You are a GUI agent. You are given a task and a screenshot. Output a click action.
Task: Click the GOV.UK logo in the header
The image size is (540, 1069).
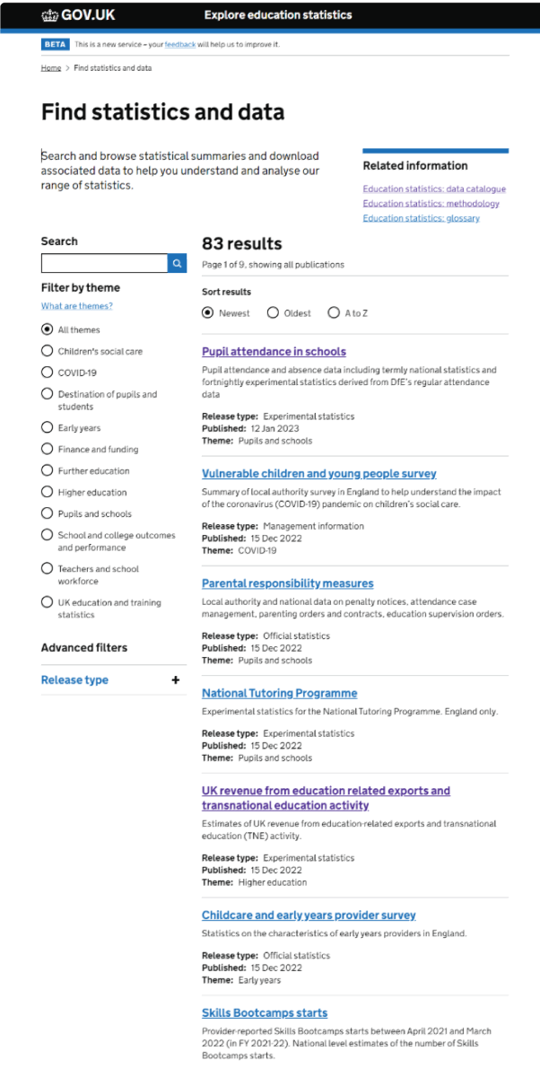pos(78,14)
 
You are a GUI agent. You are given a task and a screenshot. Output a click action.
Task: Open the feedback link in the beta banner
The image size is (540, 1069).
pos(179,44)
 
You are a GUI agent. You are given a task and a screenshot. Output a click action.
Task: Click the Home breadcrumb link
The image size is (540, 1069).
pos(51,68)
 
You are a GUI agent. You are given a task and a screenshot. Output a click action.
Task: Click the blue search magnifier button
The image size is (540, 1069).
pos(178,263)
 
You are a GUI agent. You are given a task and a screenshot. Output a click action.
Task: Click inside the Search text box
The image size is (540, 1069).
pos(104,263)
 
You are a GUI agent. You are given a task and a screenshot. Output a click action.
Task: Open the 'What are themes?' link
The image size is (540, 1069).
pos(77,306)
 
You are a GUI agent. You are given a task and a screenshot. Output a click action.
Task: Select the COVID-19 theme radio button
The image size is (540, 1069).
pos(48,372)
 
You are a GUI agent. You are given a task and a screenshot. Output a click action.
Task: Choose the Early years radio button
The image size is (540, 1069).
pos(48,428)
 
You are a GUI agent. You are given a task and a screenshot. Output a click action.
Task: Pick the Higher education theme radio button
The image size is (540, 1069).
pos(48,492)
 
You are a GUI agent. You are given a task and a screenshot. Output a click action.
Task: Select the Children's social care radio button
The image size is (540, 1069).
pos(48,351)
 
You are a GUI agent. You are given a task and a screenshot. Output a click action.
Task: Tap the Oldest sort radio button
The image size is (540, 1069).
pos(273,313)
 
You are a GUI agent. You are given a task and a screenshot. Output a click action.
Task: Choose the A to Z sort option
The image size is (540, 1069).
pos(334,313)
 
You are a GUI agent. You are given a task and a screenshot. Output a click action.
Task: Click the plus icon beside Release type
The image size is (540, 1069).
pos(176,680)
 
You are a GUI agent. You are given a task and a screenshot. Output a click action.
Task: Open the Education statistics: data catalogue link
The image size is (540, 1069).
pos(434,189)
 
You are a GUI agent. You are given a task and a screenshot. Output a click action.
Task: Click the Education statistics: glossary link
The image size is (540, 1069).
pos(421,218)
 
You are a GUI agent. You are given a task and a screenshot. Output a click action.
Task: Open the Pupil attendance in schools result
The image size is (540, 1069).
pos(274,352)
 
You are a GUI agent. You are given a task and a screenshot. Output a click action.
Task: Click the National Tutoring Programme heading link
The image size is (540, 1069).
pos(279,693)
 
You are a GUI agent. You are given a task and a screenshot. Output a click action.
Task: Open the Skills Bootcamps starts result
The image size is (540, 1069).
pos(265,1013)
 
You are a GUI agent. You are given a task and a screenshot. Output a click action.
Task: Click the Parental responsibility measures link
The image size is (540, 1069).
pos(287,583)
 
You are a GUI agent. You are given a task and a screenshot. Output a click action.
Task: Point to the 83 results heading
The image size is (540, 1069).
pos(241,243)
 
